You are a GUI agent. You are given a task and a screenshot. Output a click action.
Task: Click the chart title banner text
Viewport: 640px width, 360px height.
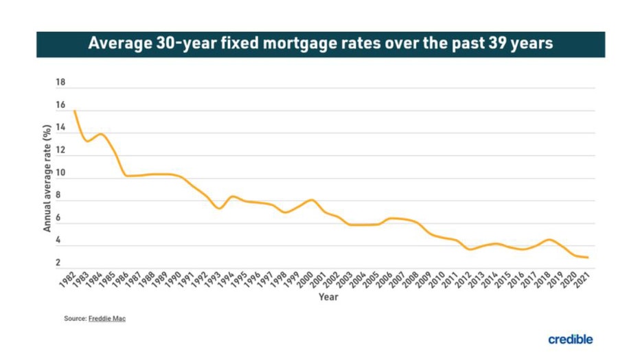[x=321, y=44]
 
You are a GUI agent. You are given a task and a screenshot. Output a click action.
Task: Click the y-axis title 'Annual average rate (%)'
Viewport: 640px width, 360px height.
[x=47, y=178]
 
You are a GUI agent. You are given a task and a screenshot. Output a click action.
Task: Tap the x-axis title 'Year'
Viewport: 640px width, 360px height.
[x=328, y=297]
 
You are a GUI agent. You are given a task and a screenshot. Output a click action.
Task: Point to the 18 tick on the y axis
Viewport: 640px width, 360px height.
[x=60, y=83]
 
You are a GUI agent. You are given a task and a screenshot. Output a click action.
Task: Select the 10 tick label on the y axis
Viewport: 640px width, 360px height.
[x=60, y=173]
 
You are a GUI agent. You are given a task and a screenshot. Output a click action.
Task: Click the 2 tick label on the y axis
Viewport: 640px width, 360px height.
[x=58, y=263]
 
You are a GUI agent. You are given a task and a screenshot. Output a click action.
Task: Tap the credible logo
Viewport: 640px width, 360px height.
[x=570, y=339]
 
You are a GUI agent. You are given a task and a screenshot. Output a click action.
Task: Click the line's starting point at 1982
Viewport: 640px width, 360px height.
[x=74, y=111]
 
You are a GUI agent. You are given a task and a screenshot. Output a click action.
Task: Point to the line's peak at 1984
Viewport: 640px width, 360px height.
[x=102, y=134]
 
